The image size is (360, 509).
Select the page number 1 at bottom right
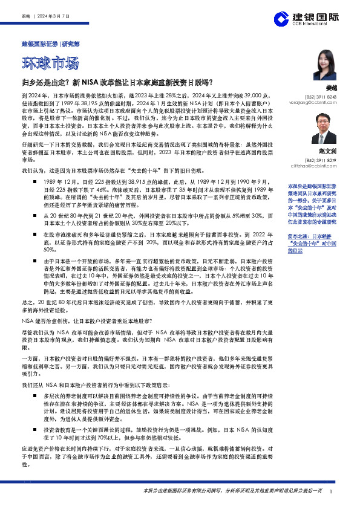[x=332, y=491]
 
